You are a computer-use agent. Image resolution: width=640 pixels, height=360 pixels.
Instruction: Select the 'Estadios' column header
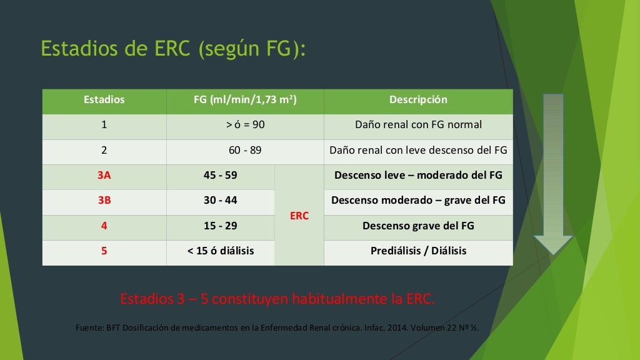[x=104, y=100]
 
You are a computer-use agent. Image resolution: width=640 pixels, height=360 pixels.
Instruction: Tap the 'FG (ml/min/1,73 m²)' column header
[x=245, y=100]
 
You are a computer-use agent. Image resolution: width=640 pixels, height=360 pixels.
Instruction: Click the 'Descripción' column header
[x=418, y=100]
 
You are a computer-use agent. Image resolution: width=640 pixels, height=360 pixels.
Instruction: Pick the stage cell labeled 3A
[x=104, y=176]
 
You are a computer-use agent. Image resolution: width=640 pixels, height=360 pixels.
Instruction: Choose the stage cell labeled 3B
[x=104, y=201]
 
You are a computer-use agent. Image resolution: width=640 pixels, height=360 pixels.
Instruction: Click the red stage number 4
[x=104, y=226]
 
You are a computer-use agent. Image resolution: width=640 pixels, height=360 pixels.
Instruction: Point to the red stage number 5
[x=104, y=251]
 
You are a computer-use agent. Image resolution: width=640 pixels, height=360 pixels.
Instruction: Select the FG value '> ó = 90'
[x=245, y=125]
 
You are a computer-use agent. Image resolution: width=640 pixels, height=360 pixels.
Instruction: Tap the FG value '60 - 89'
[x=245, y=151]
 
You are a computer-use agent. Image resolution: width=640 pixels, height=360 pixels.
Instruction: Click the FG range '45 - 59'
[x=221, y=176]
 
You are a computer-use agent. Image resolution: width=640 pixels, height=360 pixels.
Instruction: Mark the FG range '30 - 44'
[x=221, y=201]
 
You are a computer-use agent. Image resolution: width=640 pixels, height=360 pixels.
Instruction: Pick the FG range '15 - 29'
[x=221, y=226]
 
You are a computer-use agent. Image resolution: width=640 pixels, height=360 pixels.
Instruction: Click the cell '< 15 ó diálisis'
[x=221, y=251]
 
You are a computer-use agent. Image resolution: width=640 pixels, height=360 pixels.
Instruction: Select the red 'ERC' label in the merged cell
[x=299, y=216]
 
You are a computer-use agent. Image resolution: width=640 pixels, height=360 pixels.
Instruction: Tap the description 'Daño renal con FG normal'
[x=418, y=125]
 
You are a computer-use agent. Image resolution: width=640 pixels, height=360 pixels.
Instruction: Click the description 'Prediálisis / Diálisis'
[x=418, y=251]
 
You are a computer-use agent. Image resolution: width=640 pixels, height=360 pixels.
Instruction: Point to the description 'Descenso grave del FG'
[x=418, y=226]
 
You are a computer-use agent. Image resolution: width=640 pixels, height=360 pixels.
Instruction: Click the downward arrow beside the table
[x=553, y=175]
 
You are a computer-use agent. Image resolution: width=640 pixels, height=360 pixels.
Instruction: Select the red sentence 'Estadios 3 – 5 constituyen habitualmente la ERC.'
[x=277, y=299]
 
